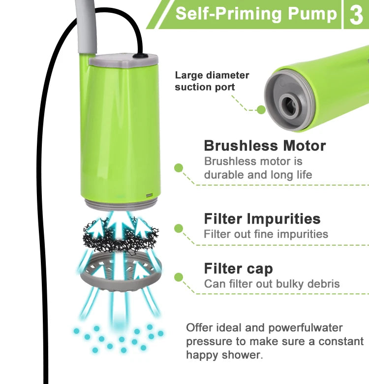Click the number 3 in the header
(x=355, y=15)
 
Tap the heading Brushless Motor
(x=265, y=146)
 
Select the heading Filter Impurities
(x=262, y=219)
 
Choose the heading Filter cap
(x=238, y=269)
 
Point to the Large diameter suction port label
(x=212, y=81)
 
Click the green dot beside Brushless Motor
(x=179, y=168)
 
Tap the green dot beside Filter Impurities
(x=179, y=228)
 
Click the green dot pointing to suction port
(x=261, y=109)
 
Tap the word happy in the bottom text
(x=204, y=354)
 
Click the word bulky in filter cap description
(x=289, y=284)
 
